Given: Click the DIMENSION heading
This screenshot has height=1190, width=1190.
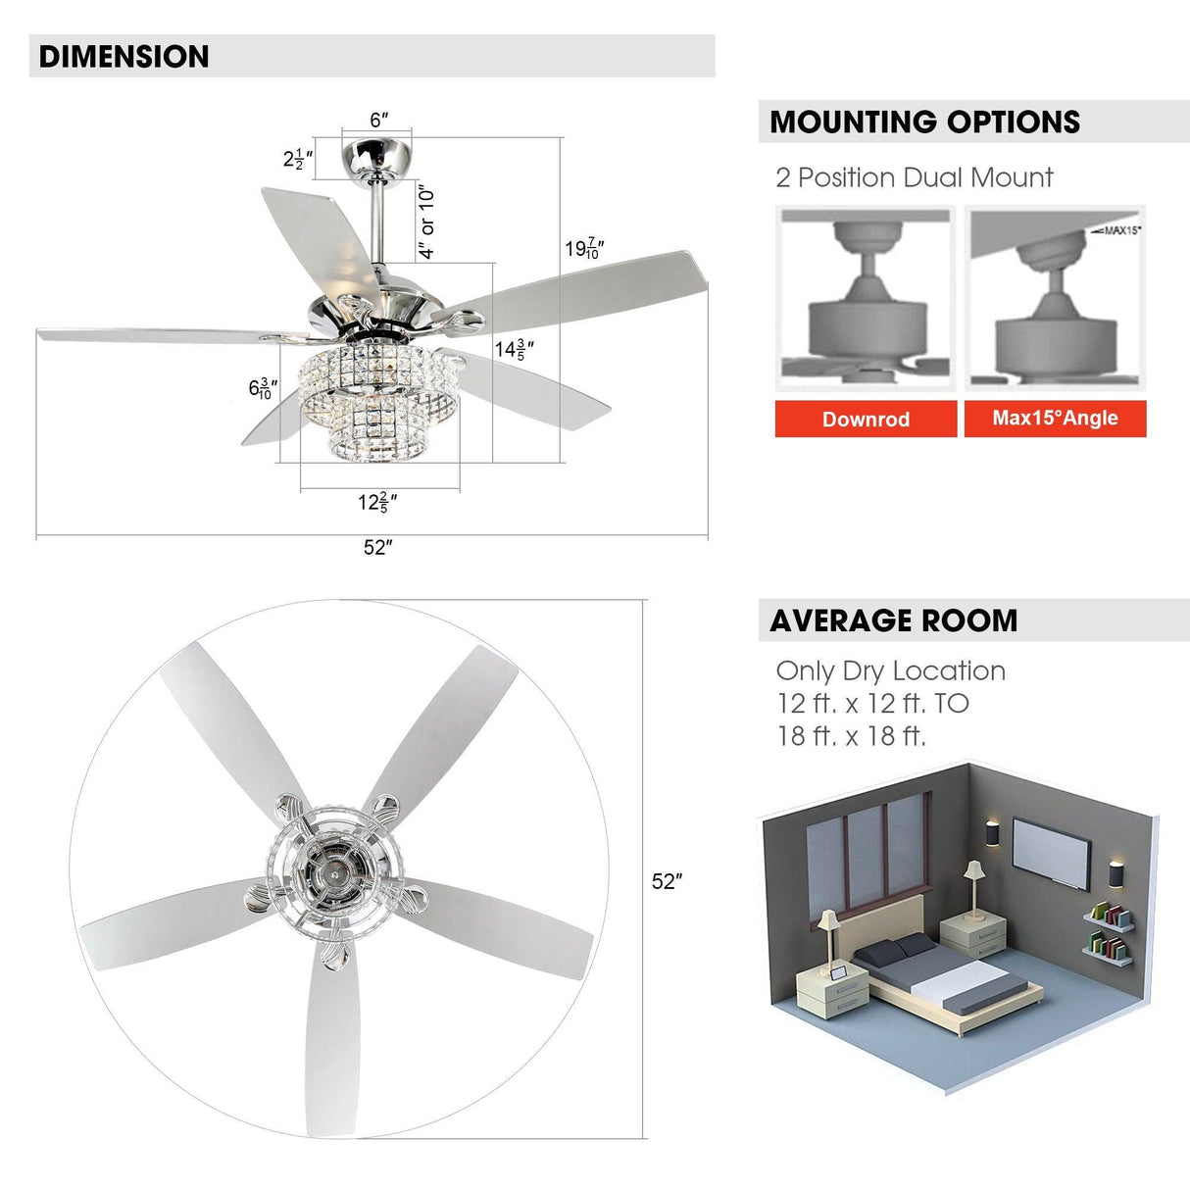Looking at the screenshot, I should (x=124, y=57).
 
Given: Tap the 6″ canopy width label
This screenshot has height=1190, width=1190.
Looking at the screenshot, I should (x=378, y=121).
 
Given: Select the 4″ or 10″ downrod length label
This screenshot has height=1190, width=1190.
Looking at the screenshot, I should (x=426, y=223).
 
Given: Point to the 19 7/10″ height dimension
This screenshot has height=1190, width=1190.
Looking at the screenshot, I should (x=584, y=249).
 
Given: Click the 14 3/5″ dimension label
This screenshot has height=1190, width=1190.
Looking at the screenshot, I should (x=515, y=350).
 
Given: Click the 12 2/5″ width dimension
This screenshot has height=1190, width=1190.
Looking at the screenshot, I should (x=377, y=503).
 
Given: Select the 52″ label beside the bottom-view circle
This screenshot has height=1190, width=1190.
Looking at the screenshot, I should (x=667, y=882).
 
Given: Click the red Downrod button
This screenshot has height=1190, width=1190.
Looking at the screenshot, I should (x=866, y=420).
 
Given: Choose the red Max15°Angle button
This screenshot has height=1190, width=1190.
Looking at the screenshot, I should (x=1055, y=419).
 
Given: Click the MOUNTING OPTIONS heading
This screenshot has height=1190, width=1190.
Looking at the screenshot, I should (x=924, y=123).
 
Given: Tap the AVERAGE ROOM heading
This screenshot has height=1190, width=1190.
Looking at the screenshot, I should (x=893, y=621).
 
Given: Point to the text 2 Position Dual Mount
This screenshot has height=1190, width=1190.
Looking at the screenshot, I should (x=914, y=178).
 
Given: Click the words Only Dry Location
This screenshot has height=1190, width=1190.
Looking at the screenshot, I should (x=890, y=671).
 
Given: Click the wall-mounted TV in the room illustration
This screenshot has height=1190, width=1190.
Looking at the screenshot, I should (x=1051, y=854).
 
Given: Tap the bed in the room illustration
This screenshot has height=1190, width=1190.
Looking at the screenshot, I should (x=941, y=980).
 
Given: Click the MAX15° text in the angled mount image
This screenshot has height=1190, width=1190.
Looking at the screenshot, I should (x=1121, y=230).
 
